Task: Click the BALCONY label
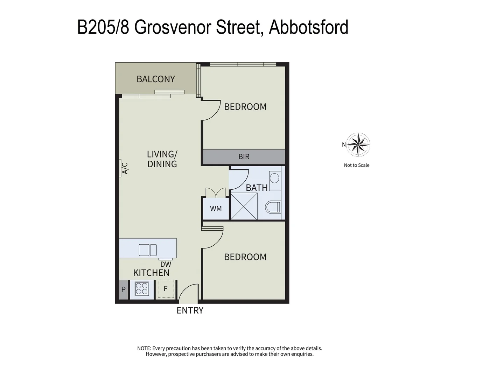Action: (x=156, y=79)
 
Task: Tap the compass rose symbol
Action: (x=358, y=144)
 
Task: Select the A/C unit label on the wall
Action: (x=125, y=168)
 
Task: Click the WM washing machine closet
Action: (x=216, y=209)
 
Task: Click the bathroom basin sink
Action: (x=275, y=177)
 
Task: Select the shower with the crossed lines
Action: (x=244, y=206)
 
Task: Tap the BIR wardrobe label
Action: (x=244, y=157)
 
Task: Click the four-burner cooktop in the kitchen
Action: (x=142, y=289)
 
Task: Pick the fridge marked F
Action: (x=166, y=289)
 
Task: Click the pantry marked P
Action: (x=124, y=290)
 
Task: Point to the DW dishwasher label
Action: (x=166, y=265)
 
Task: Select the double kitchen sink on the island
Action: (x=148, y=250)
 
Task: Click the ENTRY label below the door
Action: (x=190, y=310)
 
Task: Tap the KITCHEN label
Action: (x=151, y=273)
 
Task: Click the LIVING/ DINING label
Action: (x=162, y=159)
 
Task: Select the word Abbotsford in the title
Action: (x=308, y=27)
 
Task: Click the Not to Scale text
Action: (x=357, y=165)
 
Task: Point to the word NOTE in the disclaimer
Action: (x=144, y=348)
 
